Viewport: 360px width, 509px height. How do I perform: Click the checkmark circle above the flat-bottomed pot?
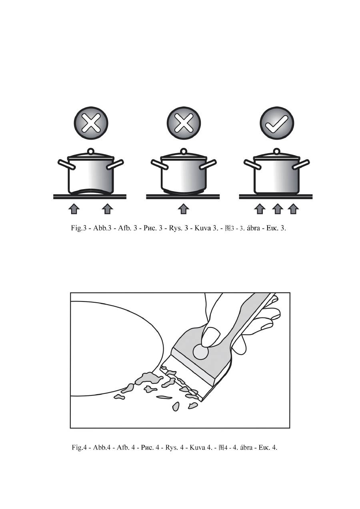[x=277, y=124]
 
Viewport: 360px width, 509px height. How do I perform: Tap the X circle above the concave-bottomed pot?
[x=91, y=124]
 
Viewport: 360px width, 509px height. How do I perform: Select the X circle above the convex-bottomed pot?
[x=184, y=124]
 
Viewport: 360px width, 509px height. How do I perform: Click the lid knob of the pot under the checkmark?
[x=276, y=151]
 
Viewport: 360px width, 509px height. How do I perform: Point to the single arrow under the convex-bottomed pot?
[x=184, y=209]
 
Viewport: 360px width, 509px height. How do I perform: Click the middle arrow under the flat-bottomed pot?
[x=277, y=209]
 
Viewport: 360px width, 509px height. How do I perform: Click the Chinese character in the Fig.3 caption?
[x=228, y=228]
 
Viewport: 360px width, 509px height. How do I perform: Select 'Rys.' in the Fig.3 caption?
[x=176, y=228]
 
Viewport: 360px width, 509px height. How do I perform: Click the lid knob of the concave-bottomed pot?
[x=91, y=151]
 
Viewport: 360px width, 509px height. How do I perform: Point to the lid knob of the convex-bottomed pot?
[x=184, y=151]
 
